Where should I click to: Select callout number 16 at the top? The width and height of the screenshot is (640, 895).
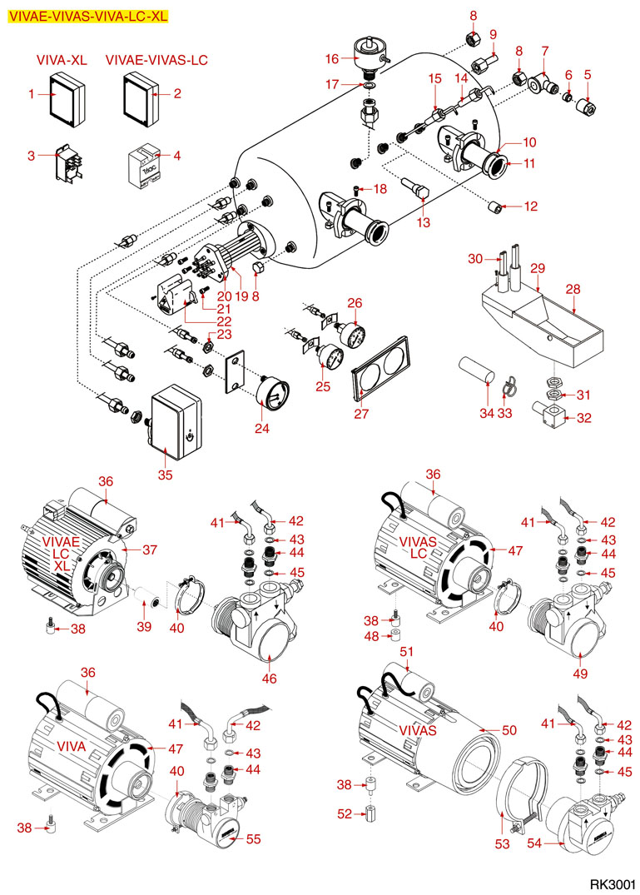(x=332, y=59)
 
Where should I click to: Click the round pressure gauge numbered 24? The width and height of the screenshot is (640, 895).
(x=271, y=390)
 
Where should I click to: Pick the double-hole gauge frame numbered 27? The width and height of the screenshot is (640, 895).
(x=380, y=366)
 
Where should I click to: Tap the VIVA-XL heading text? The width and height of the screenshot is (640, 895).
(x=62, y=61)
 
